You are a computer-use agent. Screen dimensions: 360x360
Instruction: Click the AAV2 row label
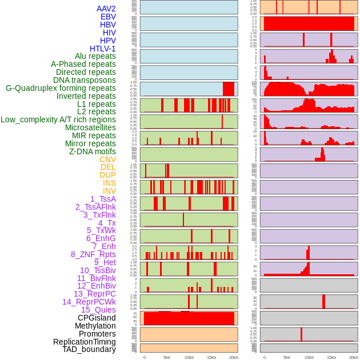(x=106, y=9)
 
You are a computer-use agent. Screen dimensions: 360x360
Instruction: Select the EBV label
(x=108, y=17)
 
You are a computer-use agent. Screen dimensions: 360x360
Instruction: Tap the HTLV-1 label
(x=102, y=49)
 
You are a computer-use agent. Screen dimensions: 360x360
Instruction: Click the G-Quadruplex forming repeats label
(x=61, y=88)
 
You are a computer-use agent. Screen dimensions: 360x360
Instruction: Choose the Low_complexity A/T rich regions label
(x=58, y=119)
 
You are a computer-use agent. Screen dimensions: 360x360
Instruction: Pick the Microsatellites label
(x=90, y=127)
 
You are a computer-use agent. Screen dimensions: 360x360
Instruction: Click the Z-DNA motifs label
(x=93, y=151)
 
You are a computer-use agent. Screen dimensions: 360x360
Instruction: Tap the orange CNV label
(x=107, y=159)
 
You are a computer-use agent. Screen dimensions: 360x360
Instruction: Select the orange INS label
(x=109, y=183)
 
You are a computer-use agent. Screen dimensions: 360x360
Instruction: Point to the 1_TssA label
(x=103, y=199)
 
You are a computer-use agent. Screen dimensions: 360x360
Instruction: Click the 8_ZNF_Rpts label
(x=93, y=254)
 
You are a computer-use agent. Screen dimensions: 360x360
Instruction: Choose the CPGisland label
(x=97, y=318)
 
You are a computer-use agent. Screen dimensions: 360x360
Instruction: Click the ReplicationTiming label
(x=85, y=342)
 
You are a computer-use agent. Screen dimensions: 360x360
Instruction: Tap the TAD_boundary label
(x=89, y=349)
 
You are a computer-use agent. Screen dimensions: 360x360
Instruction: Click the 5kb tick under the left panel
(x=167, y=357)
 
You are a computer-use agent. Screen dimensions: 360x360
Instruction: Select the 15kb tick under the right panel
(x=331, y=357)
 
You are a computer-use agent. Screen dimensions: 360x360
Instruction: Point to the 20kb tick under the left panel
(x=234, y=357)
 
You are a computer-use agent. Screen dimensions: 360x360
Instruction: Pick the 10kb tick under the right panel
(x=309, y=357)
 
